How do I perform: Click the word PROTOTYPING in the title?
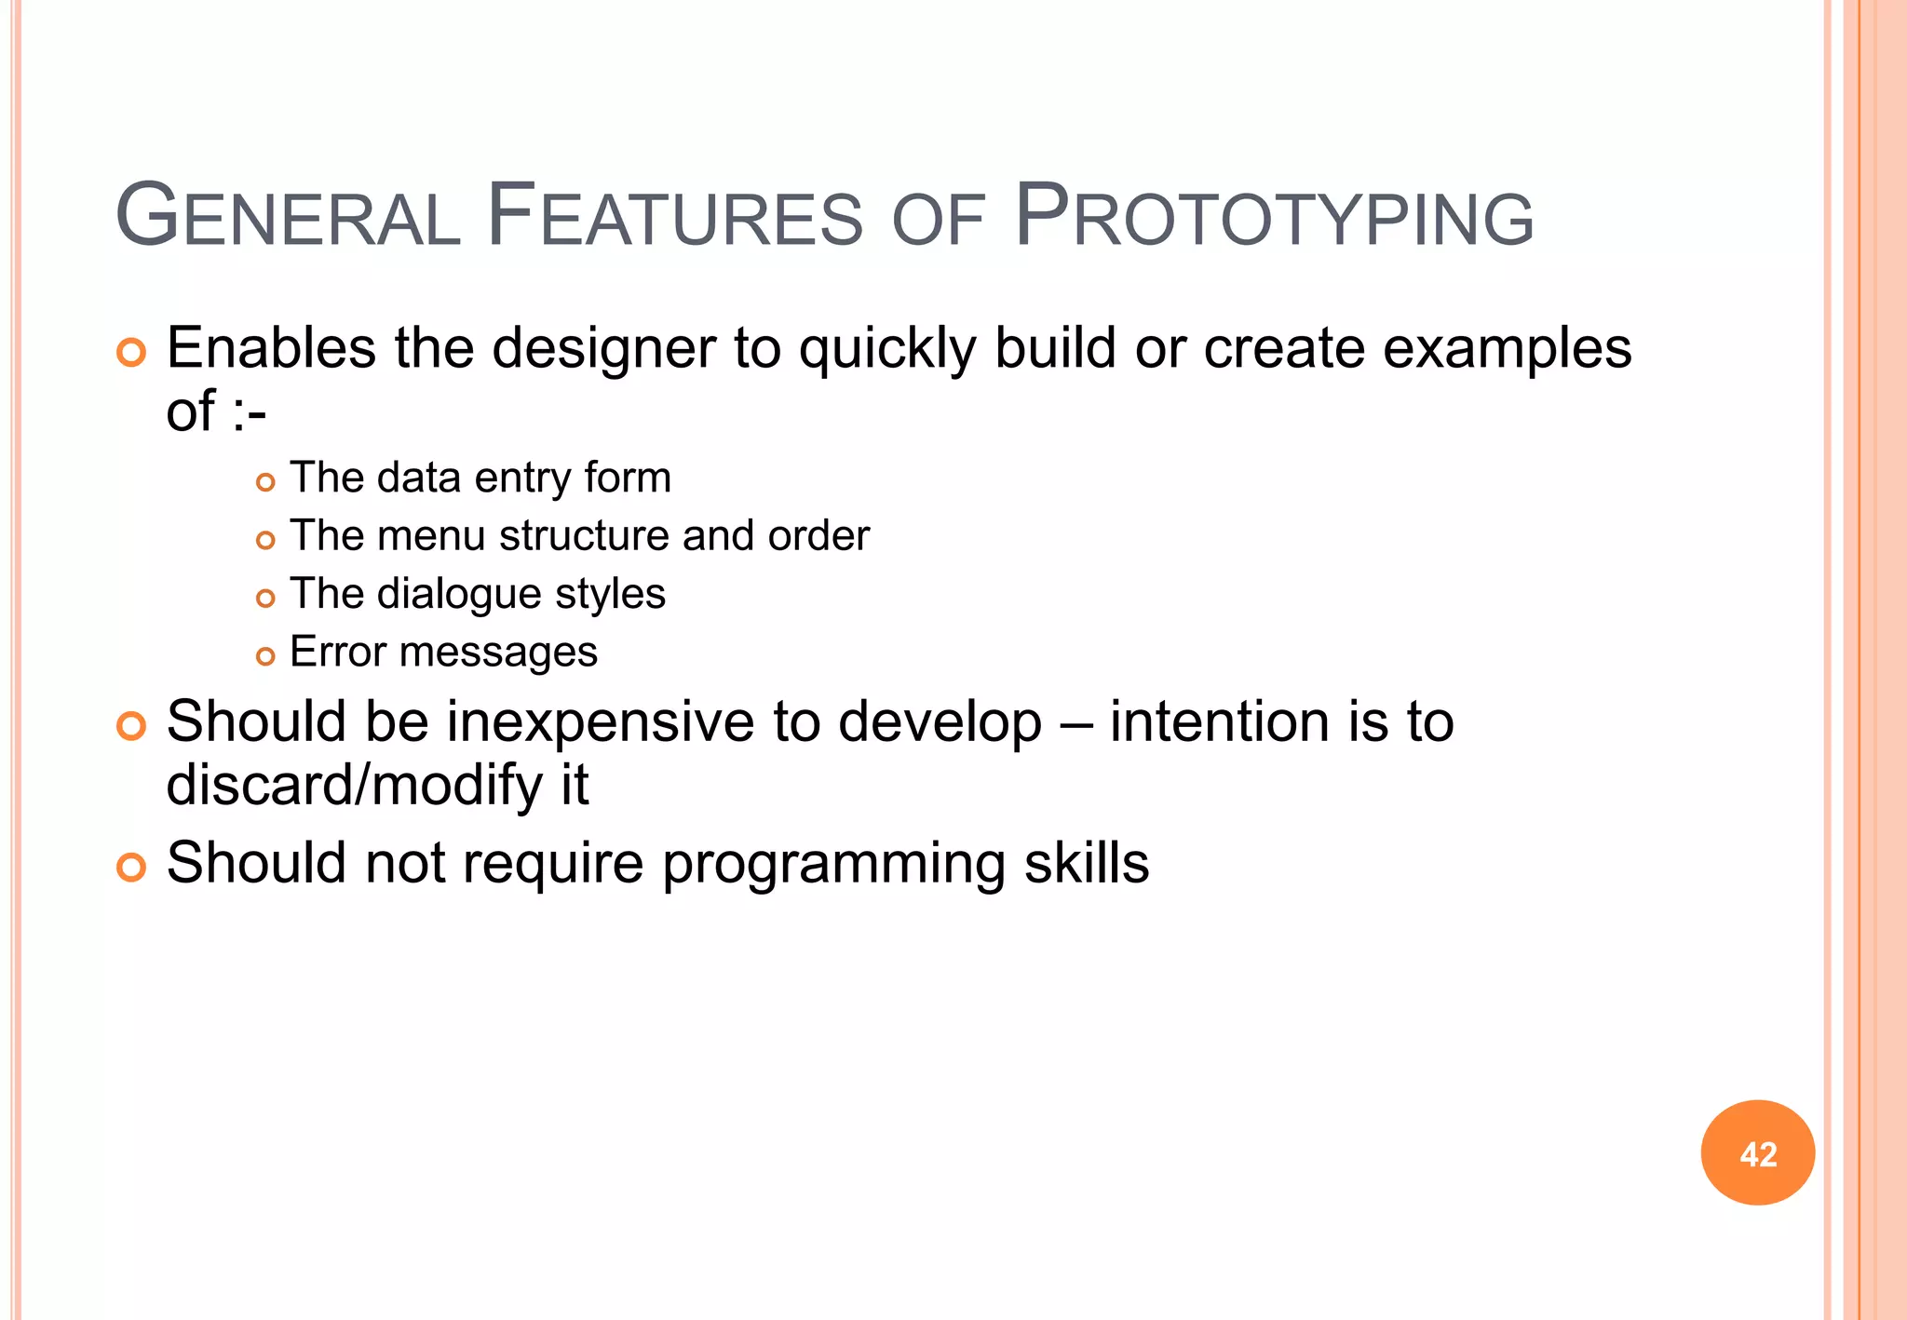coord(1274,218)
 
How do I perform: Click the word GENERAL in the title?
coord(289,218)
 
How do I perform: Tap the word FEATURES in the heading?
coord(676,218)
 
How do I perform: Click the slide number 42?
coord(1757,1153)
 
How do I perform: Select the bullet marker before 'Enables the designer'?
coord(131,353)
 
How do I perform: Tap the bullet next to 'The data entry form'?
coord(265,482)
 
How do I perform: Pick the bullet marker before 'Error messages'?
coord(265,656)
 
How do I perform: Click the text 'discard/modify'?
coord(355,785)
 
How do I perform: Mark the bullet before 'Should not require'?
coord(131,868)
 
